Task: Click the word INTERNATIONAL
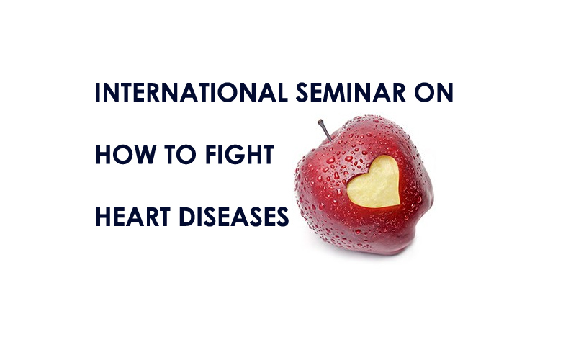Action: coord(192,92)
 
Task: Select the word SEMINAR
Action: coord(351,92)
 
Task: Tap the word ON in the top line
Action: coord(434,92)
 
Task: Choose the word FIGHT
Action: coord(240,154)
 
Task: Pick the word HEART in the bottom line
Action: coord(132,217)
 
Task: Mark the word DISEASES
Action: coord(233,217)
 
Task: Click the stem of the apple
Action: coord(325,130)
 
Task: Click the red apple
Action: coord(364,186)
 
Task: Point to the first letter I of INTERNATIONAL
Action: coord(98,92)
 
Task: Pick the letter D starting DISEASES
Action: coord(187,217)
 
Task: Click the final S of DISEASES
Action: coord(282,217)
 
